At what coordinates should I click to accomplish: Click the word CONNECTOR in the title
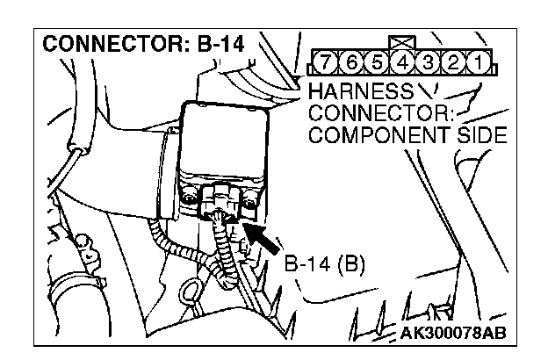[118, 44]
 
